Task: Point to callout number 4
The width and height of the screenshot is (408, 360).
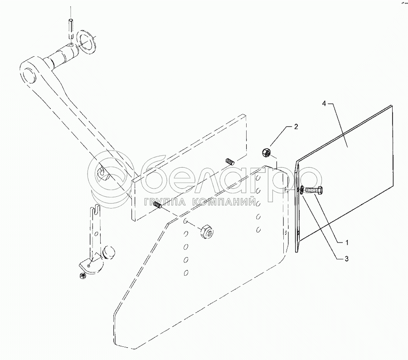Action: [x=324, y=104]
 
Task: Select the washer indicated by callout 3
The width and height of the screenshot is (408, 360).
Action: [x=300, y=191]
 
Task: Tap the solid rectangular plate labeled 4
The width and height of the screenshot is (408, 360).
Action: [x=345, y=177]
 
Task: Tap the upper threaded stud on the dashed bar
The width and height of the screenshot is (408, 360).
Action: [x=229, y=161]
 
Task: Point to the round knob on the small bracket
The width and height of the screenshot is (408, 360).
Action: [x=109, y=252]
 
